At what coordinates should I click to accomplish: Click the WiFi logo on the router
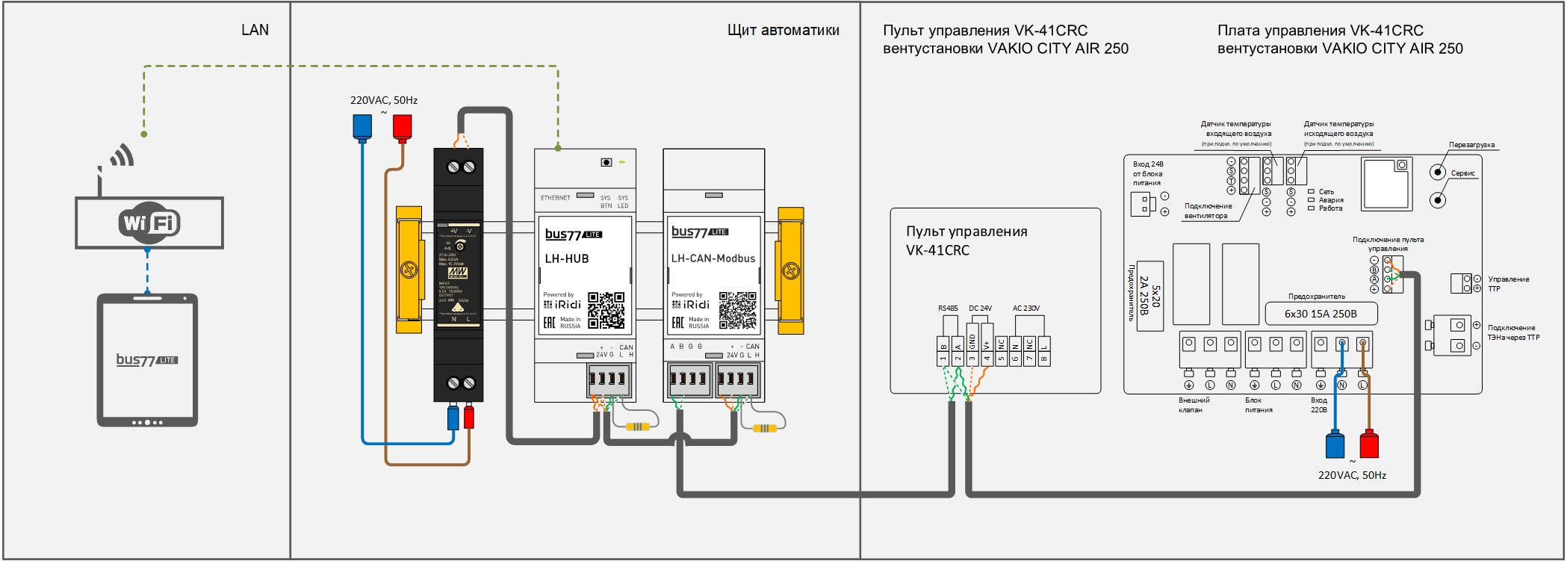click(x=149, y=223)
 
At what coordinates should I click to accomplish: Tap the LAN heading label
click(x=255, y=30)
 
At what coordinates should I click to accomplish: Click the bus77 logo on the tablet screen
click(x=146, y=360)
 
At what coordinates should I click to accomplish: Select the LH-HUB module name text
click(x=567, y=258)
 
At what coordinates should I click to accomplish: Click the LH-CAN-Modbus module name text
click(x=713, y=258)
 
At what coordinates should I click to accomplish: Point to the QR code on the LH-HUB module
click(x=606, y=310)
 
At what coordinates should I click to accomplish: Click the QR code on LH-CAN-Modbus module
click(x=737, y=310)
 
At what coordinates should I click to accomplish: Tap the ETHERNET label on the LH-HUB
click(x=555, y=198)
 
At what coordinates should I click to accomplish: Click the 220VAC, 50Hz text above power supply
click(x=384, y=100)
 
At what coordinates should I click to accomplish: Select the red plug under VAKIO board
click(x=1368, y=444)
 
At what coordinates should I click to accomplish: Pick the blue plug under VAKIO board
click(x=1335, y=444)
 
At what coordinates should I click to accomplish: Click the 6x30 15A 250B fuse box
click(x=1321, y=314)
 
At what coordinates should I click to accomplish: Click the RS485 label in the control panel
click(x=948, y=308)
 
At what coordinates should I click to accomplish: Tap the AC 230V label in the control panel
click(x=1025, y=308)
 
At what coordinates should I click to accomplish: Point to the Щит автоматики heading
click(x=783, y=30)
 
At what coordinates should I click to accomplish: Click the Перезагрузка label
click(x=1471, y=145)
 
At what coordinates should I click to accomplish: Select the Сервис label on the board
click(x=1462, y=173)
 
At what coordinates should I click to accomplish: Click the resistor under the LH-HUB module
click(x=637, y=427)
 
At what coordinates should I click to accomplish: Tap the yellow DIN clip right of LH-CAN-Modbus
click(x=790, y=270)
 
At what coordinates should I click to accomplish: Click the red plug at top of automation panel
click(x=403, y=127)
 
